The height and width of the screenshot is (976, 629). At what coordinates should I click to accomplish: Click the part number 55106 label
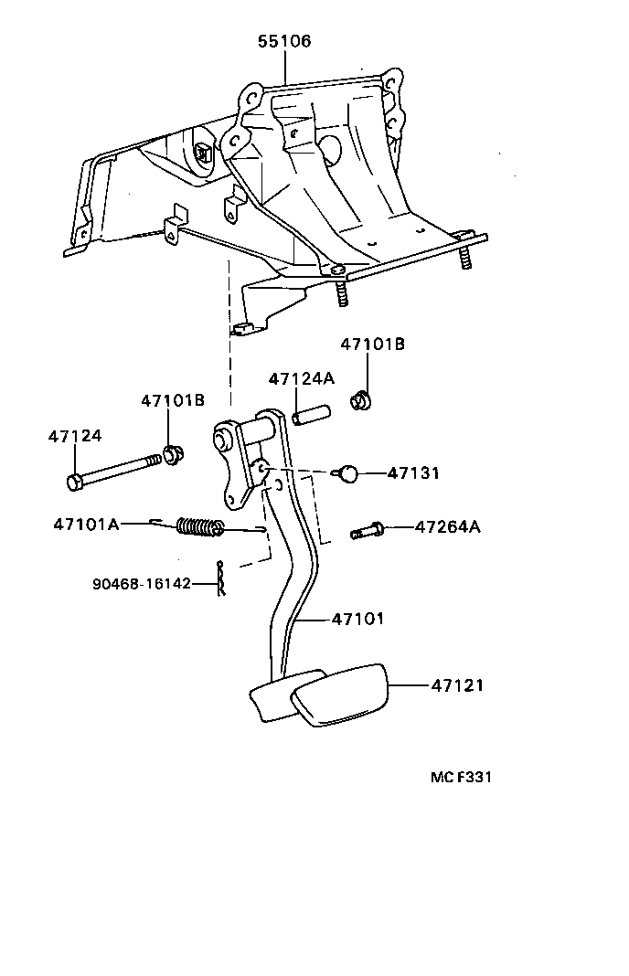[x=283, y=41]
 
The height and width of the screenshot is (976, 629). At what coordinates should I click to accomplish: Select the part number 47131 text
[x=413, y=473]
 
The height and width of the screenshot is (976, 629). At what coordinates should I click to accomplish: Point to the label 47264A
[x=448, y=527]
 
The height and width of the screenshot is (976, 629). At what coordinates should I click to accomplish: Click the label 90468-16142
[x=141, y=583]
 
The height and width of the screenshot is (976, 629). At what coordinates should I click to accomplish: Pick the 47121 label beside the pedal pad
[x=457, y=684]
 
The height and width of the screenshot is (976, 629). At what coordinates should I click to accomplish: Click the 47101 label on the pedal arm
[x=357, y=620]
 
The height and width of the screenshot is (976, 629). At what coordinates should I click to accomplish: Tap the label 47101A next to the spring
[x=86, y=524]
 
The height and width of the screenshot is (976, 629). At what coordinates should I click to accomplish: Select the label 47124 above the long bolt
[x=74, y=437]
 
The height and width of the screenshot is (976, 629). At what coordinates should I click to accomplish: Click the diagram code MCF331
[x=462, y=778]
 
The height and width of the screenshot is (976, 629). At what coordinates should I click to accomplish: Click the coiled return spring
[x=199, y=526]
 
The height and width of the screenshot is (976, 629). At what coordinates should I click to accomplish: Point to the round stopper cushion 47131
[x=346, y=473]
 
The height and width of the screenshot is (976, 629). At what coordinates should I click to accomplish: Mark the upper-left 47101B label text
[x=173, y=400]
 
